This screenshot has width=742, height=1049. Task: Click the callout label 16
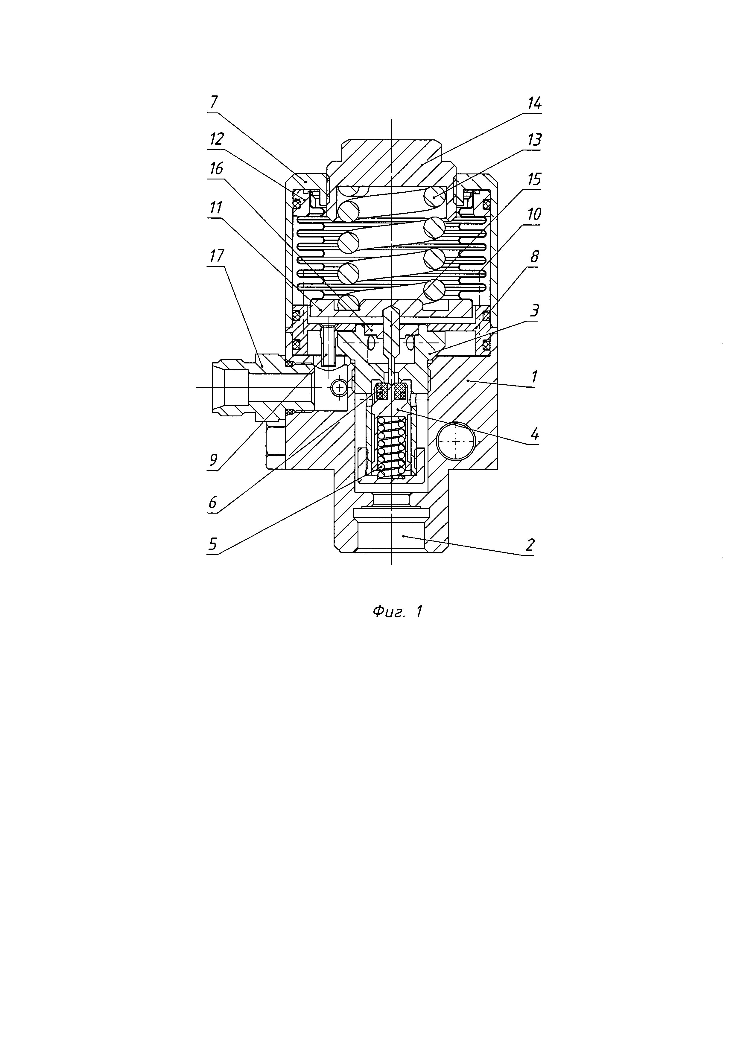click(x=216, y=169)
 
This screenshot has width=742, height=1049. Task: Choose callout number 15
click(x=534, y=179)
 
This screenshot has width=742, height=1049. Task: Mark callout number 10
click(x=534, y=214)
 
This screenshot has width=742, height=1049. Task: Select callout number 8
click(x=534, y=257)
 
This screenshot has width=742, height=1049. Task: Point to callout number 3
click(x=534, y=311)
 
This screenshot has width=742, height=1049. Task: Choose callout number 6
click(x=213, y=503)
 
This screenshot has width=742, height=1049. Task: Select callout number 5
click(x=213, y=544)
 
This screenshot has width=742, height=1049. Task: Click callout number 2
click(x=530, y=545)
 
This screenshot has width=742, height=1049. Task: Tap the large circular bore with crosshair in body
click(x=456, y=441)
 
